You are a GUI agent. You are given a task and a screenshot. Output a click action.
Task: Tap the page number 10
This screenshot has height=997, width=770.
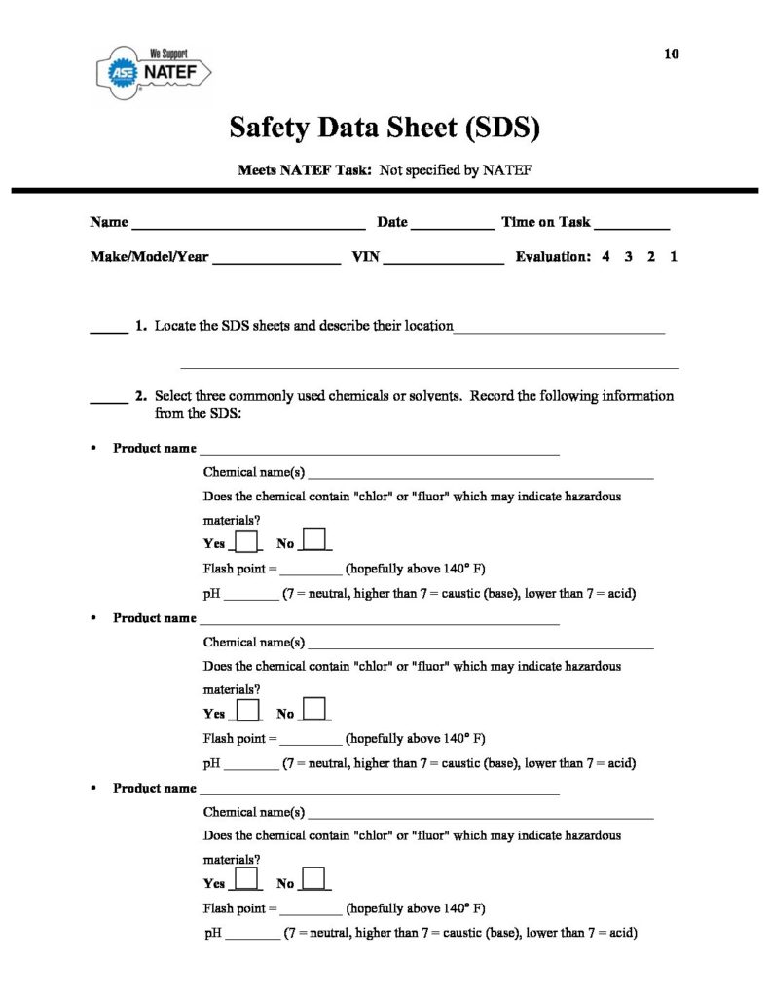coord(671,55)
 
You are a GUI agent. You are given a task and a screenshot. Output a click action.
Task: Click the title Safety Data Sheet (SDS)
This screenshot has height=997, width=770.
coord(385,127)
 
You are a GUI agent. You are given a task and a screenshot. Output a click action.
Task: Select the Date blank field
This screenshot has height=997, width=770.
coord(452,224)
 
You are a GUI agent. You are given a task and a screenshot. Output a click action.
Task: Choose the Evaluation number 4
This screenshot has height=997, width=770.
coord(605,258)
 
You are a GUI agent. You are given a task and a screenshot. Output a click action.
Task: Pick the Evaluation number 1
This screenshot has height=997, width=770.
coord(673,258)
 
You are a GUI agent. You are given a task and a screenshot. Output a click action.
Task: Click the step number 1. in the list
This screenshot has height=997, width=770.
coord(141,326)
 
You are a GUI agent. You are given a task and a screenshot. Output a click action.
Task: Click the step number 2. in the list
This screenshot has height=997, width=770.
coord(141,396)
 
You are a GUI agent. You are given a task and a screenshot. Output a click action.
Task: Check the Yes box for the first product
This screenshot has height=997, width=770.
coord(248,541)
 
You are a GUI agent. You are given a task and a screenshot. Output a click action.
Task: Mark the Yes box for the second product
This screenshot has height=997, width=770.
coord(248,710)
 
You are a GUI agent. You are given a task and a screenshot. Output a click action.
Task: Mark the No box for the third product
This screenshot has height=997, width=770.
coord(315,879)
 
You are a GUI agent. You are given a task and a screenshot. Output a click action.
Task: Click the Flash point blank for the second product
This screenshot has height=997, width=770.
coord(311,738)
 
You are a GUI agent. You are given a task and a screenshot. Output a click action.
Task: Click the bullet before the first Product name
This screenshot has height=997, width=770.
coord(92,449)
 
